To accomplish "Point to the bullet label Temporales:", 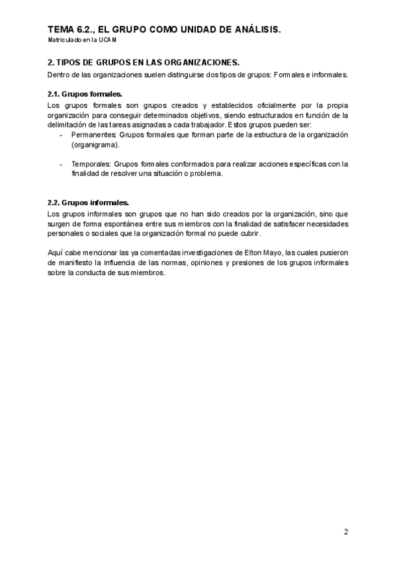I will (x=91, y=164).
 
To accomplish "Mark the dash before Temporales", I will (x=60, y=164).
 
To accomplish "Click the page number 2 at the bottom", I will (x=345, y=531).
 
